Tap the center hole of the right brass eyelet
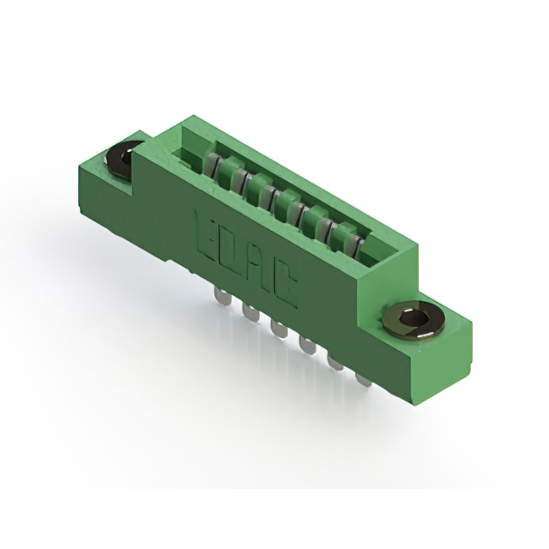pos(413,318)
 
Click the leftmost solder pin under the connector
pos(222,297)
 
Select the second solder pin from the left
pos(250,312)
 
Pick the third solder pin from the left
pos(279,329)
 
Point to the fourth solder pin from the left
pos(307,345)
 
